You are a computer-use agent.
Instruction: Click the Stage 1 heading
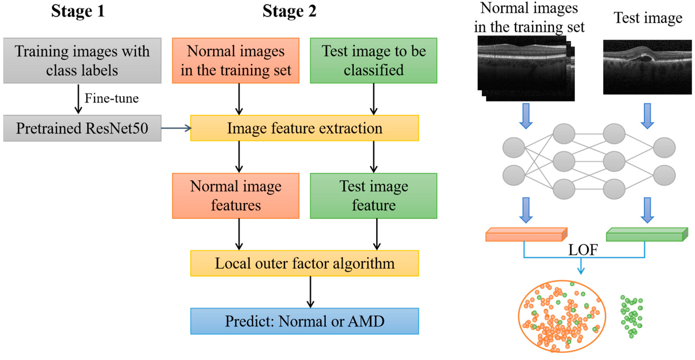pos(78,11)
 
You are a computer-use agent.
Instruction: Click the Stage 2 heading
pos(289,11)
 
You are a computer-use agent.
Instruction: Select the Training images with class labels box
pos(82,60)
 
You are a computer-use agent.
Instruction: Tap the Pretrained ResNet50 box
pos(82,128)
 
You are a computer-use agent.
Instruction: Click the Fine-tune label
pos(111,98)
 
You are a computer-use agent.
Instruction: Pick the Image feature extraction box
pos(304,128)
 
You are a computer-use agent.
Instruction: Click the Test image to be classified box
pos(373,60)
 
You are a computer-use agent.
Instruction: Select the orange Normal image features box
pos(236,196)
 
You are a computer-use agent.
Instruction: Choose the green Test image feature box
pos(373,196)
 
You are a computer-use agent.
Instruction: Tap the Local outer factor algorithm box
pos(304,263)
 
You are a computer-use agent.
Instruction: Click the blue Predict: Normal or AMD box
pos(304,321)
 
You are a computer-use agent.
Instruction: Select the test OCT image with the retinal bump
pos(647,67)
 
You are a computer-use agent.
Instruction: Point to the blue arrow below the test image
pos(647,116)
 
